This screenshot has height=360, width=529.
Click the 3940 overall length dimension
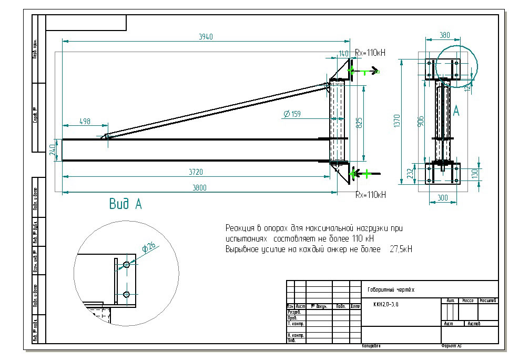pos(206,36)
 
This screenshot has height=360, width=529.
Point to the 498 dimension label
pos(85,122)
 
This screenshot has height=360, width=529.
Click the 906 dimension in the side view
pos(420,121)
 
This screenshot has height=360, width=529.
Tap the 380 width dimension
pos(444,35)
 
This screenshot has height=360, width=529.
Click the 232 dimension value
pos(410,174)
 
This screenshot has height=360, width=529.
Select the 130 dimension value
pos(474,173)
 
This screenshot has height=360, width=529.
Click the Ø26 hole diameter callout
pos(148,247)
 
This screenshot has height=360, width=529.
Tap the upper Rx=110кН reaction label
pos(370,53)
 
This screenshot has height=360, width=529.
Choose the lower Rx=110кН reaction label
pos(371,194)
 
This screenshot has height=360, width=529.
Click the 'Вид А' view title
pos(125,204)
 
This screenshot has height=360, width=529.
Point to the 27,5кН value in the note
pos(401,249)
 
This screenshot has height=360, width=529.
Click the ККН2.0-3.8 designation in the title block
pos(386,304)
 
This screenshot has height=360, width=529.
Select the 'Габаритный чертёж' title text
pos(392,290)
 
